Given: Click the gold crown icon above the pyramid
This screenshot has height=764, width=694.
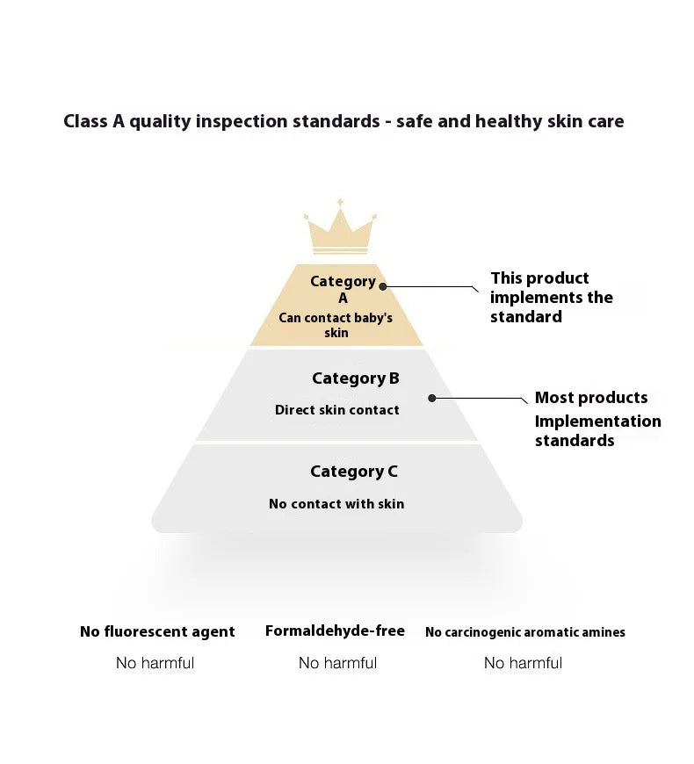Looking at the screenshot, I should [339, 230].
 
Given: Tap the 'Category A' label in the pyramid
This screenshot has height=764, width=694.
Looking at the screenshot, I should [343, 289].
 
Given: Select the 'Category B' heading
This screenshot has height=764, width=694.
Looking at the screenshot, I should [355, 378].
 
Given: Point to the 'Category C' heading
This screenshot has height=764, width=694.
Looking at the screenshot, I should [353, 472].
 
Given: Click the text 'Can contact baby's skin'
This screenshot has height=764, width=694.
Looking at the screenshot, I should [336, 325].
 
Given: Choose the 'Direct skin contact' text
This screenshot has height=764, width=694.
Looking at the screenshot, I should [336, 410].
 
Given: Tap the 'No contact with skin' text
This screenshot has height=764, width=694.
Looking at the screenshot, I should [336, 504].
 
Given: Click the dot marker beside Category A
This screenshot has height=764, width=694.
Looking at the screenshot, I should [383, 286].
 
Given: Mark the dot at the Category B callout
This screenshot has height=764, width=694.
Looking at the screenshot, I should [432, 398].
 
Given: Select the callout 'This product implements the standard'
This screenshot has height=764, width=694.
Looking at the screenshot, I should [552, 297].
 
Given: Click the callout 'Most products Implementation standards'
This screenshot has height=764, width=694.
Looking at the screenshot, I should [597, 419].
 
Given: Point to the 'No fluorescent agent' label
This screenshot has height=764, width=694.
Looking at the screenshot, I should [157, 631].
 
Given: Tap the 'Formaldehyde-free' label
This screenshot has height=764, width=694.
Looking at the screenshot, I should [335, 631].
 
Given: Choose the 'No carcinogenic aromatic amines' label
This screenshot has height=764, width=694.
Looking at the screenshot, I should [525, 632].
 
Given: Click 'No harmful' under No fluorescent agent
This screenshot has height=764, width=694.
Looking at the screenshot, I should [155, 663].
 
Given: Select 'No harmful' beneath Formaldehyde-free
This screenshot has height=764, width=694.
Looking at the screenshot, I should [337, 663].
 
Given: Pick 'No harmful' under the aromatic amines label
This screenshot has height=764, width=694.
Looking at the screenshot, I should [523, 663].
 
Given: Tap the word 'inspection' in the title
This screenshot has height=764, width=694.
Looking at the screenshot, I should [242, 121].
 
